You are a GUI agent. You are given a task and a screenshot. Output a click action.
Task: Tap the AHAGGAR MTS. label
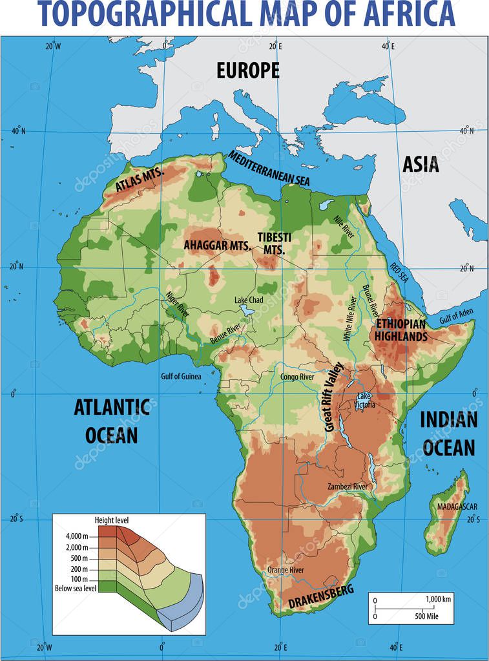point(217,246)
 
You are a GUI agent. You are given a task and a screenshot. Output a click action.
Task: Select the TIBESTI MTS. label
point(274,242)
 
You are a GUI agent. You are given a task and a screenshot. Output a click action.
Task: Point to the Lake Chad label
point(248,300)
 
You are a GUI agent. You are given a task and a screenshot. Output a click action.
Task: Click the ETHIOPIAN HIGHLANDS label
point(401,330)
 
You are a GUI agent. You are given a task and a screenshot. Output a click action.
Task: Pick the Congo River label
point(297,377)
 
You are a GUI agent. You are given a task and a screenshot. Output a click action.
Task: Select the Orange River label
point(286,570)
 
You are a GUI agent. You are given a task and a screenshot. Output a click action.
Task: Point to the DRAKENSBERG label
point(321,598)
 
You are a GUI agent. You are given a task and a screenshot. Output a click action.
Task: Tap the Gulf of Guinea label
point(181,376)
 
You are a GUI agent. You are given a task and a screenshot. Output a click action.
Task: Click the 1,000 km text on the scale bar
point(439,599)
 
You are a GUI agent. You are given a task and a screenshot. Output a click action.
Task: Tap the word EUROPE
point(248,70)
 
